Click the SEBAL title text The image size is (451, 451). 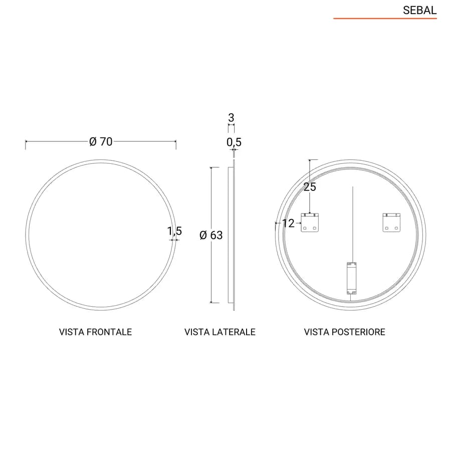tap(419, 11)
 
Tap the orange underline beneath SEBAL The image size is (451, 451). tap(385, 19)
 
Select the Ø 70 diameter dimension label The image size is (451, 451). tap(101, 141)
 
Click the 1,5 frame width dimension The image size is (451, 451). tap(174, 231)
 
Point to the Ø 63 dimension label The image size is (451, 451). tap(211, 236)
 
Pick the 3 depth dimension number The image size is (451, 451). tap(231, 118)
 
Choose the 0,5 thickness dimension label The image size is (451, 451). tap(234, 142)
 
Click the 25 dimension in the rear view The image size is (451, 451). tap(310, 187)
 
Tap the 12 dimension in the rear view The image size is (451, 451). tap(288, 223)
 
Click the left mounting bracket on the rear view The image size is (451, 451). tap(310, 222)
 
